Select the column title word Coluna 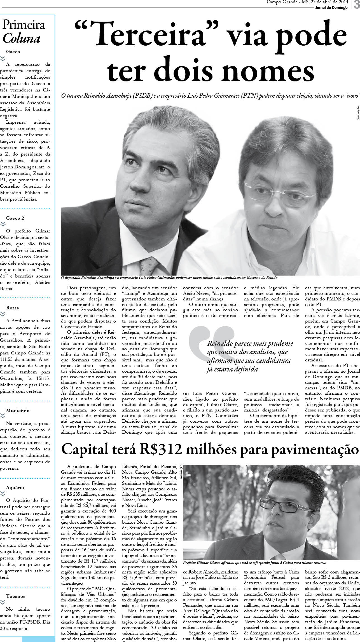point(21,39)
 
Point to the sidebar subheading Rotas point(12,308)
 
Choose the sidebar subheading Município point(18,410)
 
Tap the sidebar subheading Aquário point(15,487)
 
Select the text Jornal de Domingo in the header point(331,8)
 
